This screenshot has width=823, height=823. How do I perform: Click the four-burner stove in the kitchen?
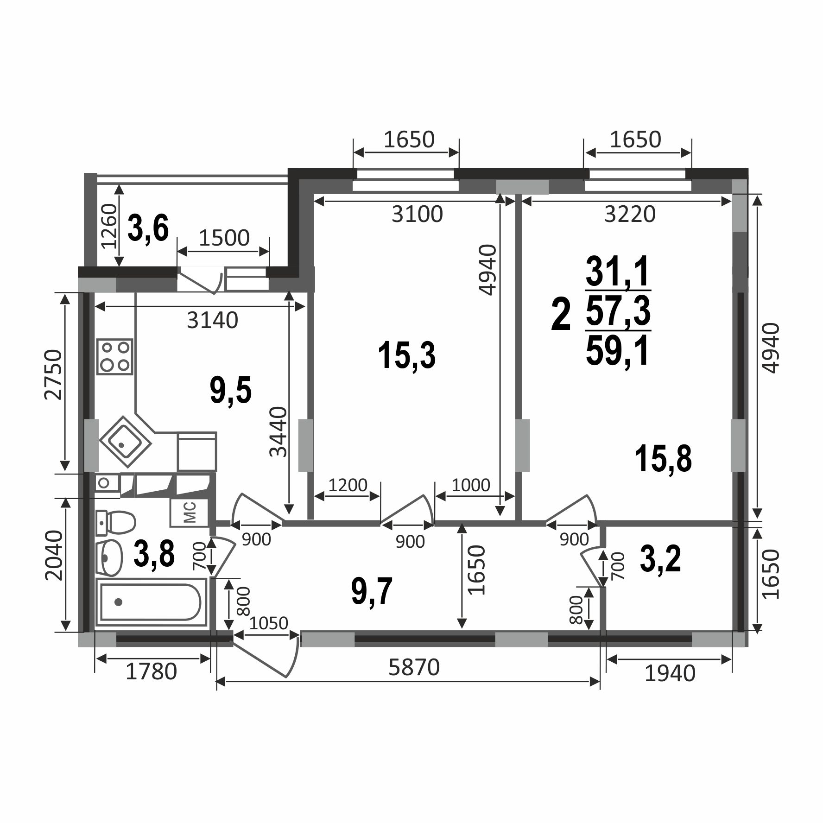115,356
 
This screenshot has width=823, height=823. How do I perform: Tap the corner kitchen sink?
125,442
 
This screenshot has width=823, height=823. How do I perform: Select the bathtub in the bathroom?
151,601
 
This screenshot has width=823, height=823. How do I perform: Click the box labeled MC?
190,513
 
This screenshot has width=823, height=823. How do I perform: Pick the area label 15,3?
407,355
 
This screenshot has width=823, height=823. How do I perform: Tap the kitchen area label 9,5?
230,390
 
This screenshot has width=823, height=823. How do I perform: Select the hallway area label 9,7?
372,591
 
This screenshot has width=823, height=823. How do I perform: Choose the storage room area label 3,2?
660,559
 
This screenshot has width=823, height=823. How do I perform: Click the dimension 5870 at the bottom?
414,668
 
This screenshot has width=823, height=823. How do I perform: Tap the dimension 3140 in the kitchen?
213,320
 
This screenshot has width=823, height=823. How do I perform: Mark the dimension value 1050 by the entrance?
269,623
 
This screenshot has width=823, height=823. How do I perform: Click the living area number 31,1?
618,271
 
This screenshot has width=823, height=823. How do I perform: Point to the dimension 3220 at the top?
630,214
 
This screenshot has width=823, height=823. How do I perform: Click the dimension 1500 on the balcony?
224,238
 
